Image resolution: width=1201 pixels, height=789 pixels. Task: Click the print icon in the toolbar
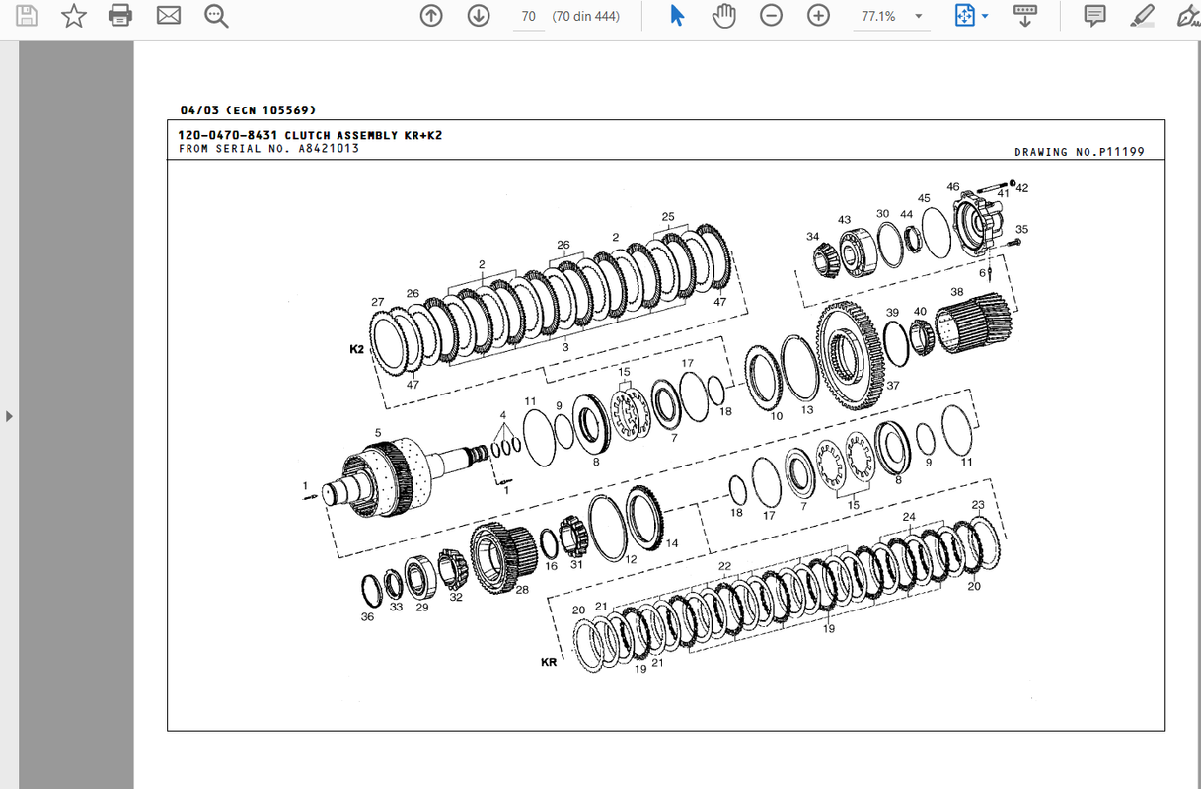[x=120, y=16]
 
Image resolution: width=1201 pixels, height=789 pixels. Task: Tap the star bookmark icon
[x=73, y=16]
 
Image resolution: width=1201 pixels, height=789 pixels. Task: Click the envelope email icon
[x=169, y=16]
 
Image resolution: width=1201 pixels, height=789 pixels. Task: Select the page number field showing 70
[x=528, y=16]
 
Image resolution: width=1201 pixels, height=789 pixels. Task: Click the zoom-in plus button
[x=818, y=16]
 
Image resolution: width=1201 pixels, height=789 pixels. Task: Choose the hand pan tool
[x=723, y=16]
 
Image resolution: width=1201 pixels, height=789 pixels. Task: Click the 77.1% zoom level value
[x=878, y=16]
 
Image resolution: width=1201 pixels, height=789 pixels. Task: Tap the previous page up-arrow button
[x=431, y=16]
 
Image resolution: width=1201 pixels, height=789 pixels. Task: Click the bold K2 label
[x=356, y=349]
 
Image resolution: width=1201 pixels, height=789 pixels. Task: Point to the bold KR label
[x=549, y=662]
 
